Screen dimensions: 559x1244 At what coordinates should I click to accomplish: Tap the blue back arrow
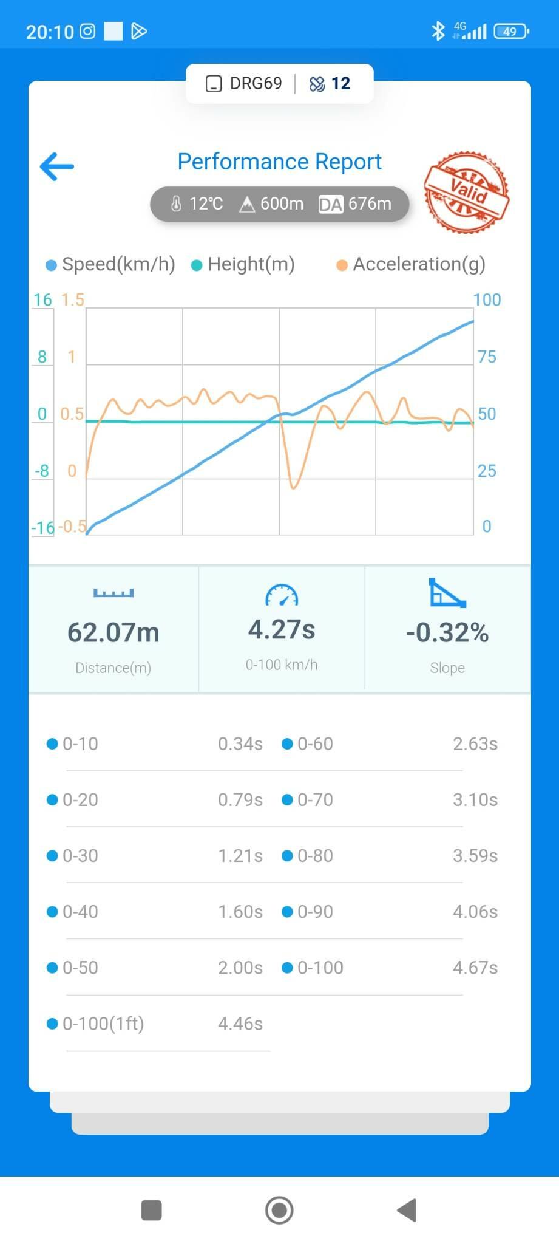coord(56,166)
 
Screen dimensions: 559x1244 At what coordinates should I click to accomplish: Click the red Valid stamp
coord(467,192)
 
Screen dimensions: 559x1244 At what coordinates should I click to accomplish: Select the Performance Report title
coord(279,162)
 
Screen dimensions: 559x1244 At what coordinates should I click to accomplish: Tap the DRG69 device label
coord(256,83)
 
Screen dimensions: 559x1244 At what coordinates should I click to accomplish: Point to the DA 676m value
coord(356,203)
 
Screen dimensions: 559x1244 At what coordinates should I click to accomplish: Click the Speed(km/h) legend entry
coord(111,264)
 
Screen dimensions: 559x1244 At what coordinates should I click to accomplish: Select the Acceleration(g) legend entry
coord(411,264)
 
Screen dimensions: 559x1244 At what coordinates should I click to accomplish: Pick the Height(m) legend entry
coord(243,264)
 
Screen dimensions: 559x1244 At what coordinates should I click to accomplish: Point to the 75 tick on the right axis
coord(487,357)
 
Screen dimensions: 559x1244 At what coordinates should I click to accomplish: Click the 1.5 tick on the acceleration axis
coord(72,299)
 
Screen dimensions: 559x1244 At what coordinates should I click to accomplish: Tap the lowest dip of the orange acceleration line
coord(294,487)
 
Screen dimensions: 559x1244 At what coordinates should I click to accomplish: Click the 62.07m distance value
coord(113,632)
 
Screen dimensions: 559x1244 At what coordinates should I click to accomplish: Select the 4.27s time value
coord(282,629)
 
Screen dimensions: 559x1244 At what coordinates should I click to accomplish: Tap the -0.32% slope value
coord(447,632)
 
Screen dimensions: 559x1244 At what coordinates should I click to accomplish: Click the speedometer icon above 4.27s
coord(282,595)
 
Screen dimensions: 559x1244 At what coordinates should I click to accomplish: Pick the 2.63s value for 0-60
coord(475,743)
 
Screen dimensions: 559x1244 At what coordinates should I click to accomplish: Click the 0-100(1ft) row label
coord(103,1024)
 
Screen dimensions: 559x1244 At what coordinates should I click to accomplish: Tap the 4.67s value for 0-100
coord(475,968)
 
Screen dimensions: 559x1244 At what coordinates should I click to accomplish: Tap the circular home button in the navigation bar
coord(279,1210)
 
